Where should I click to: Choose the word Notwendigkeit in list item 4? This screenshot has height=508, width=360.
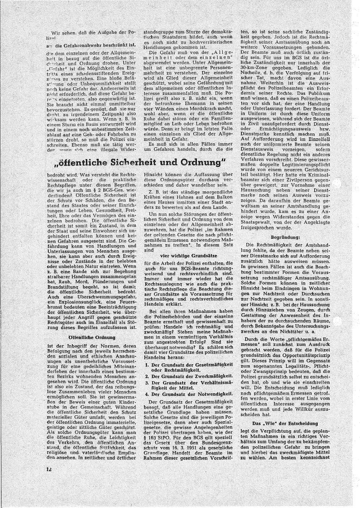(x=212, y=394)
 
